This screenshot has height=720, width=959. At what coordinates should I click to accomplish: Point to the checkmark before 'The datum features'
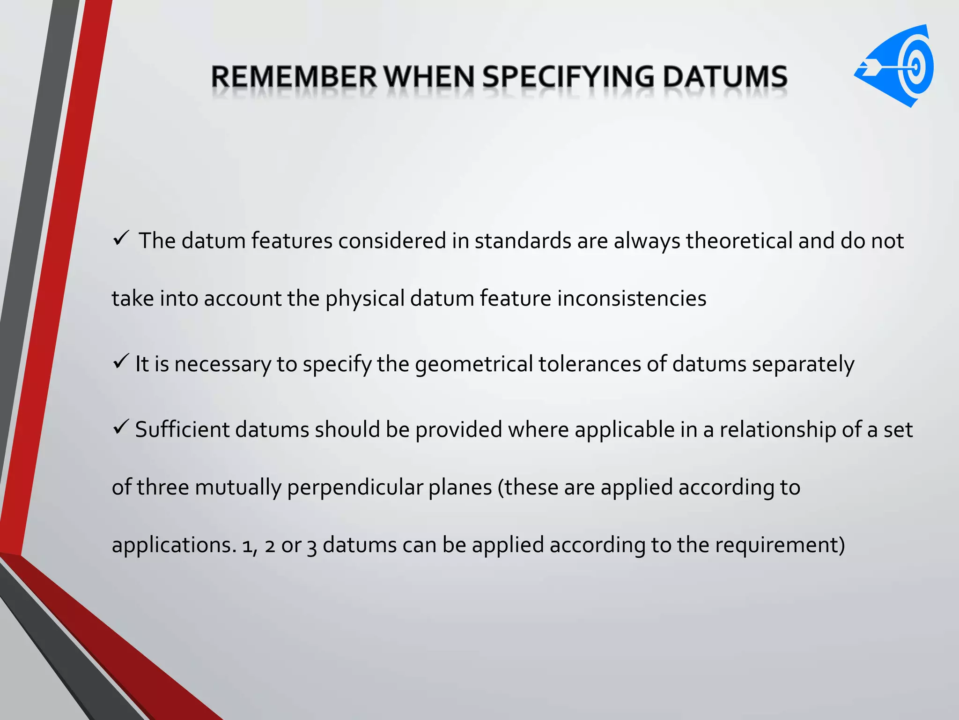(x=121, y=239)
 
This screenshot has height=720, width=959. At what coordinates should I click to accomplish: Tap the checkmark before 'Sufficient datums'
(x=121, y=427)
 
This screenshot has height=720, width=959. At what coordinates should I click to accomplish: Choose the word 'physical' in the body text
(x=365, y=299)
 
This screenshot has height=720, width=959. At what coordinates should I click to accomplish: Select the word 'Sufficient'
(x=182, y=430)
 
